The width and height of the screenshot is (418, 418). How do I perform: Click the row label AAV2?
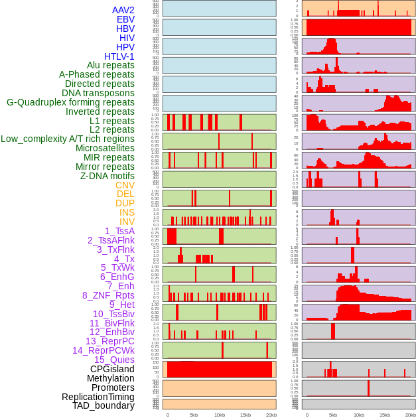click(x=123, y=11)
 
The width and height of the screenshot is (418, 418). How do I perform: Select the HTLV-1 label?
click(x=119, y=56)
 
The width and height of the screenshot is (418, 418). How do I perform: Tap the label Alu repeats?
click(x=110, y=66)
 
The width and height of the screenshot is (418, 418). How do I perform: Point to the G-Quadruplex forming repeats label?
click(x=70, y=102)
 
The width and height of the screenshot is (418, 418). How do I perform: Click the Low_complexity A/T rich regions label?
click(x=68, y=139)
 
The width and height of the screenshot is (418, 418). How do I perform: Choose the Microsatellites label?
click(x=105, y=148)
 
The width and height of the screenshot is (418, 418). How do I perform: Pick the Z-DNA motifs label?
click(x=107, y=176)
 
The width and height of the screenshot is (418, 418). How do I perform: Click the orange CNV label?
click(x=125, y=185)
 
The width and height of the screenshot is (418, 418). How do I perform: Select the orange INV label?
click(x=127, y=222)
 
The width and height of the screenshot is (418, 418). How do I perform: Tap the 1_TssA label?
click(x=119, y=231)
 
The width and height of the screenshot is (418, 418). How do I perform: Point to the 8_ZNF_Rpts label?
click(x=108, y=295)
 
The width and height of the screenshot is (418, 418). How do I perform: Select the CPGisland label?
click(x=112, y=369)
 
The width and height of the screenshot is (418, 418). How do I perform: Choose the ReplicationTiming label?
click(x=98, y=397)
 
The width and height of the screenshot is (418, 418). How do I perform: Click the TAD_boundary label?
click(x=103, y=405)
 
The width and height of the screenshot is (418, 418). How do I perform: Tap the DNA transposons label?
click(x=98, y=93)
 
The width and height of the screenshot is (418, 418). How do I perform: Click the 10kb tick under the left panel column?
click(x=220, y=415)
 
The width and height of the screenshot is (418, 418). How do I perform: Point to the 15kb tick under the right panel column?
click(x=385, y=415)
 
